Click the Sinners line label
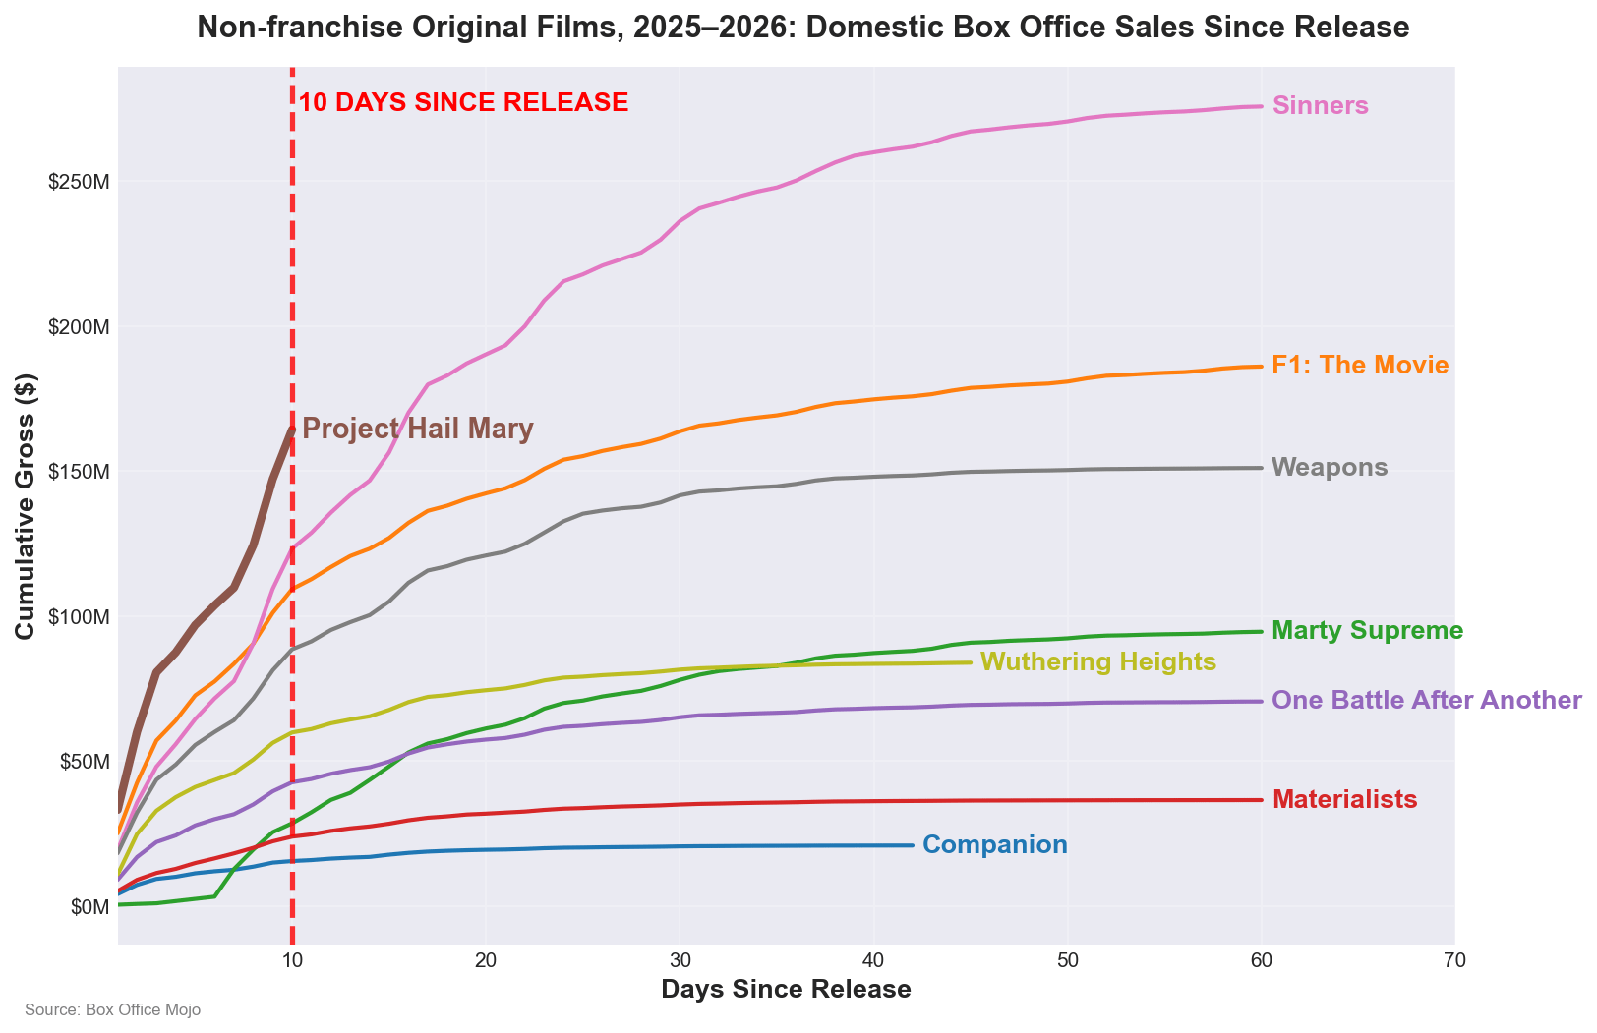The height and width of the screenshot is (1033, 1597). click(1320, 106)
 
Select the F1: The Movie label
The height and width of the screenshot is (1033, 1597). click(1360, 366)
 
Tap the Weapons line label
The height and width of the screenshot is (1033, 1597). click(1330, 468)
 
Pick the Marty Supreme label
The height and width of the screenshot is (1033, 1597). click(1367, 631)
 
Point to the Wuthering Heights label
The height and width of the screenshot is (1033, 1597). click(1098, 662)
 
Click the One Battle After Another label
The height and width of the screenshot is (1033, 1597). click(1427, 701)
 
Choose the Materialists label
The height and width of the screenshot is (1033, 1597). click(1344, 800)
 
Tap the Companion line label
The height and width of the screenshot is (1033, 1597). click(995, 845)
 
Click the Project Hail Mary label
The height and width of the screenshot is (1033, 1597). click(418, 430)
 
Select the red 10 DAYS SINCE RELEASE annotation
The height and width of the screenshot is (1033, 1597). click(463, 102)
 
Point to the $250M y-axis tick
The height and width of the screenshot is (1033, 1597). click(78, 183)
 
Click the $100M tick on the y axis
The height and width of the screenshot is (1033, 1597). click(78, 617)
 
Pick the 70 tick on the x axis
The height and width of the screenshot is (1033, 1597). click(1454, 961)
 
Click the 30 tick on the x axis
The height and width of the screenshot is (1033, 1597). click(679, 961)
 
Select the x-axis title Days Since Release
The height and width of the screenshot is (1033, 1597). click(786, 990)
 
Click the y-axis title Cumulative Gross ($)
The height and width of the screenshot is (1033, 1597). click(26, 506)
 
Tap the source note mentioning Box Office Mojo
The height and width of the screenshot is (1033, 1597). click(112, 1010)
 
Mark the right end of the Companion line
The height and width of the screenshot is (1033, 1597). click(913, 845)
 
